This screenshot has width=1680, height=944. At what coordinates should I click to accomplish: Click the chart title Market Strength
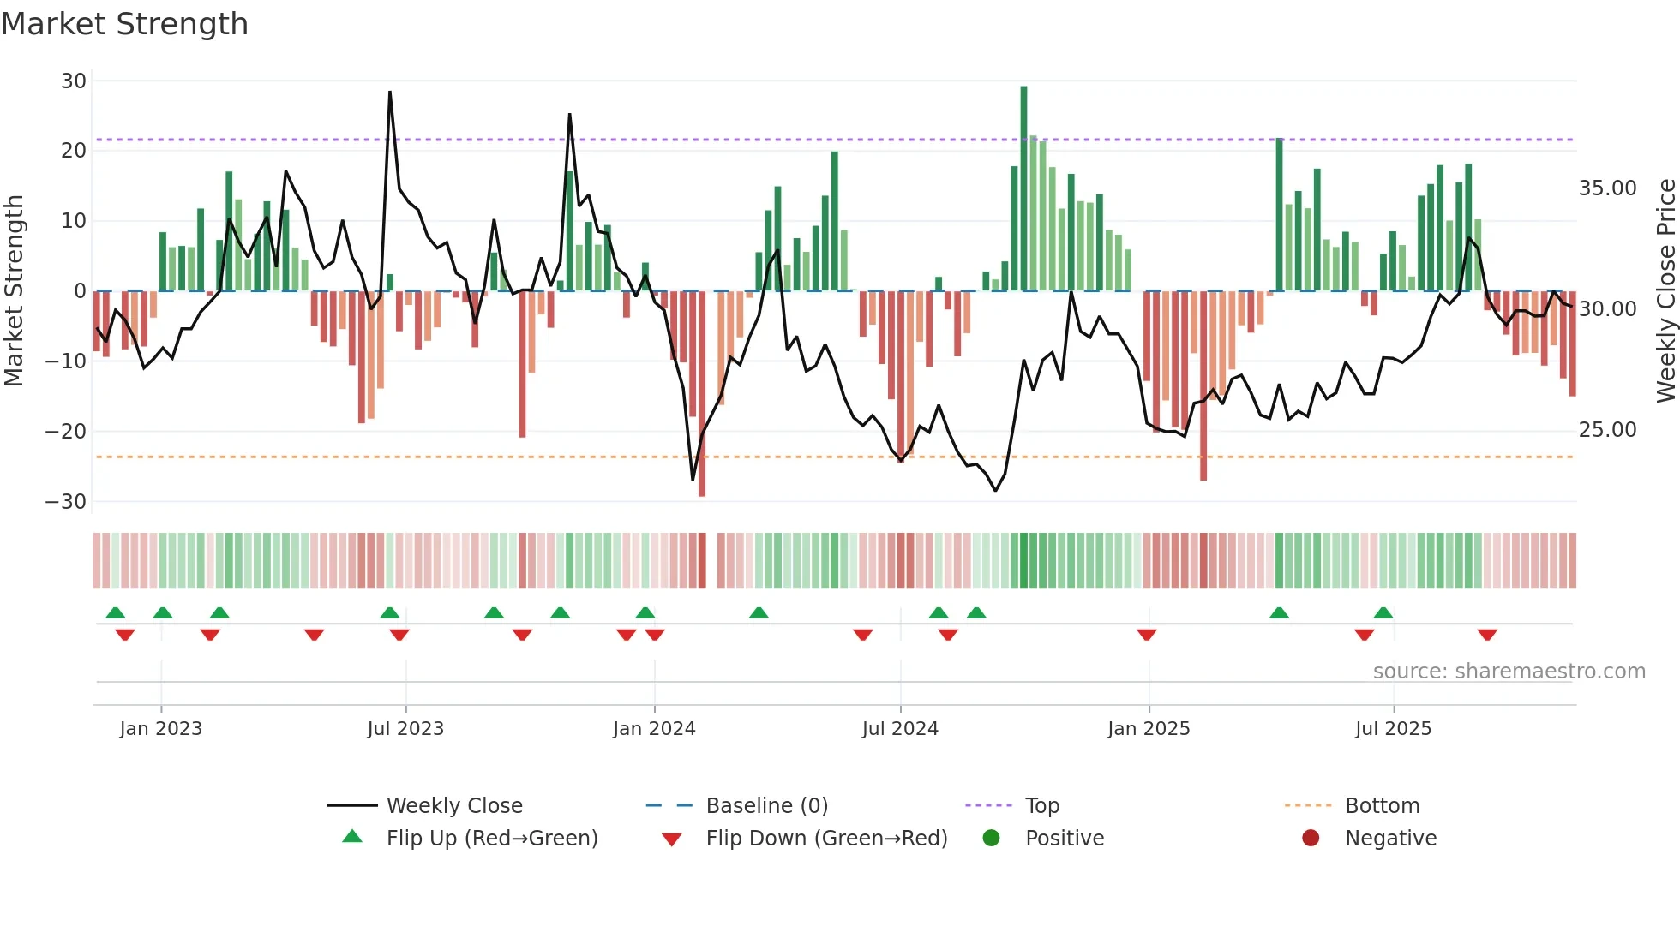pyautogui.click(x=124, y=24)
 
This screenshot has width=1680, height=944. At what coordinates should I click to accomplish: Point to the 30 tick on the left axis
pyautogui.click(x=74, y=81)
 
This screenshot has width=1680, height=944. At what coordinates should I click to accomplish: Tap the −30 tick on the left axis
pyautogui.click(x=66, y=502)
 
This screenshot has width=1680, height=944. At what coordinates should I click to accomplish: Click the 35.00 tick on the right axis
pyautogui.click(x=1607, y=188)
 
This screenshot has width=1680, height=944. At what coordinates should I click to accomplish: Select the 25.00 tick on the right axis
pyautogui.click(x=1607, y=430)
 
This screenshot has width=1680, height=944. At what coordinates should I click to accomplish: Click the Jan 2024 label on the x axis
pyautogui.click(x=654, y=729)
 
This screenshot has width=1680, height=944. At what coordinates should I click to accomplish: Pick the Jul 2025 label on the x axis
pyautogui.click(x=1393, y=729)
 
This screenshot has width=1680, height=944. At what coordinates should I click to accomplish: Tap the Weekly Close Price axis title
pyautogui.click(x=1665, y=291)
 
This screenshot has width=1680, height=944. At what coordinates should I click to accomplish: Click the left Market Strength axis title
pyautogui.click(x=14, y=291)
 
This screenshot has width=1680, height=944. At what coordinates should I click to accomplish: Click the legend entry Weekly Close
pyautogui.click(x=453, y=806)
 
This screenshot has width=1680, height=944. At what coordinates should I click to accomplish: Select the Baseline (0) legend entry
pyautogui.click(x=766, y=806)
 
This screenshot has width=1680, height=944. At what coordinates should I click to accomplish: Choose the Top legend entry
pyautogui.click(x=1041, y=806)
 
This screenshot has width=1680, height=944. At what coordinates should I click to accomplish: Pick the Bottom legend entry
pyautogui.click(x=1382, y=806)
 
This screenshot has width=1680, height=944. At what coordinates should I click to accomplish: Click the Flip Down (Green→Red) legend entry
pyautogui.click(x=825, y=839)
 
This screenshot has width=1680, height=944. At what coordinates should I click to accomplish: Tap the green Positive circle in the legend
pyautogui.click(x=991, y=839)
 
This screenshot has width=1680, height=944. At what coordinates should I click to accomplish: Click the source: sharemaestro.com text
pyautogui.click(x=1509, y=672)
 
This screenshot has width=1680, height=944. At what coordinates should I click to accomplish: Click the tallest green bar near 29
pyautogui.click(x=1023, y=188)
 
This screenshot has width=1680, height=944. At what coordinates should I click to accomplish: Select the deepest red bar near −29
pyautogui.click(x=702, y=394)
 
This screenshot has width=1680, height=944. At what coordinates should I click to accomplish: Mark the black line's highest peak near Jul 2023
pyautogui.click(x=390, y=93)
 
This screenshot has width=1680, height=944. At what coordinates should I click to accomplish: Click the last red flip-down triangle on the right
pyautogui.click(x=1487, y=635)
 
